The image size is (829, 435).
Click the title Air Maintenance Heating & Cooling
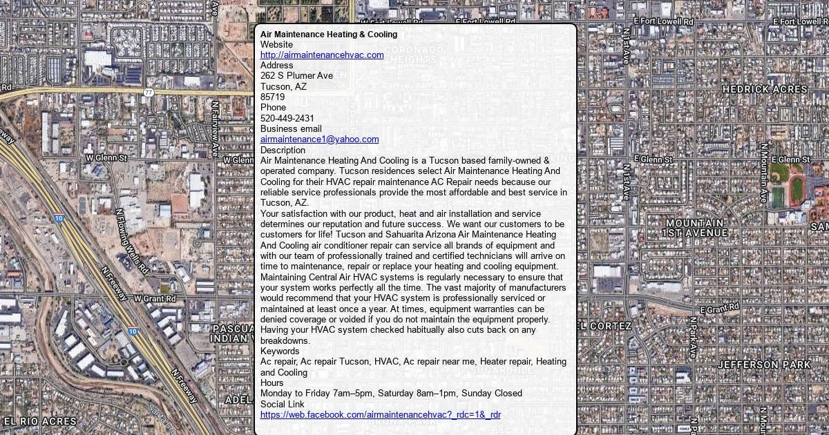pos(329,35)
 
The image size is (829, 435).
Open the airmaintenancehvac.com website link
pos(322,55)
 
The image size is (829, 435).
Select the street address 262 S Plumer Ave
pos(296,76)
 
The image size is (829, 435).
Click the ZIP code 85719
pos(272,97)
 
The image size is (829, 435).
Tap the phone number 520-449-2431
pos(287,118)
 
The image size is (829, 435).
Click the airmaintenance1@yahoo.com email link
pos(319,139)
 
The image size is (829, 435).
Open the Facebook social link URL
pos(380,415)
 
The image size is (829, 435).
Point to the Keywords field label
pos(280,351)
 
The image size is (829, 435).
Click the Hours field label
pos(271,383)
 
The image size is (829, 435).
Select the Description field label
pos(283,150)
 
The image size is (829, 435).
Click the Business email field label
pos(291,128)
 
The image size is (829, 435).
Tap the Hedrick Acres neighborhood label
pos(765,90)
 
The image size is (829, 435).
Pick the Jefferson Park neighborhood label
pos(764,365)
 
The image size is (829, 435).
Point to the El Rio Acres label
pos(40,421)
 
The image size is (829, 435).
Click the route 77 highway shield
pos(149,93)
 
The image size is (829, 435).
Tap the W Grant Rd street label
pos(155,299)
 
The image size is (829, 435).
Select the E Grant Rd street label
pos(720,308)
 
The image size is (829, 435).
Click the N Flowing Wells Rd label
pos(132,241)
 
